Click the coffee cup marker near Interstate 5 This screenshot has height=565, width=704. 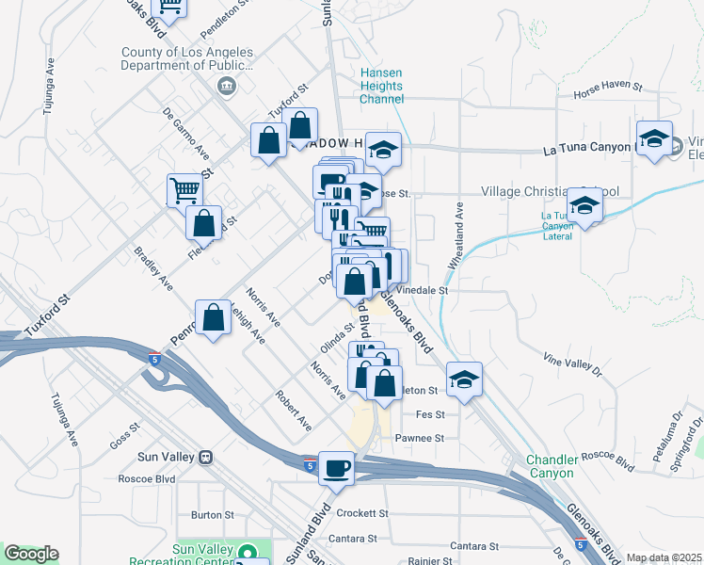click(x=336, y=468)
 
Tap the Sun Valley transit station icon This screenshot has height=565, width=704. click(x=204, y=457)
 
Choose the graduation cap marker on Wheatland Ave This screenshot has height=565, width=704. click(x=464, y=379)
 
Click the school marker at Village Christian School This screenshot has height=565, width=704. click(x=584, y=206)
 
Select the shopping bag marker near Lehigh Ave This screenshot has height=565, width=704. click(x=214, y=317)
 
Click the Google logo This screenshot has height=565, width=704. click(x=31, y=554)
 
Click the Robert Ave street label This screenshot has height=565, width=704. click(x=293, y=412)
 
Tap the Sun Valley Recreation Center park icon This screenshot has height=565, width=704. click(x=248, y=553)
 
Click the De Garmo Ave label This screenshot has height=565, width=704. click(x=186, y=134)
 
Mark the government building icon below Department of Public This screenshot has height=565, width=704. click(x=226, y=88)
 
